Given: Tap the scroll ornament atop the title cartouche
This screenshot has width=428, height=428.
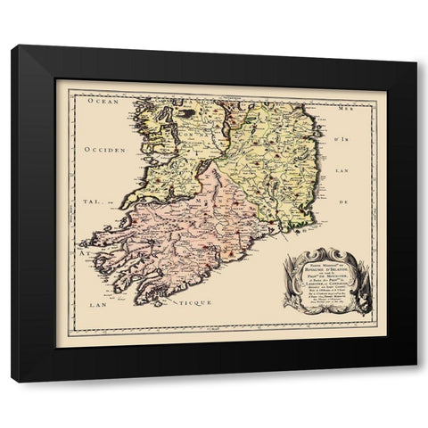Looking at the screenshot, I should coord(323,253).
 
